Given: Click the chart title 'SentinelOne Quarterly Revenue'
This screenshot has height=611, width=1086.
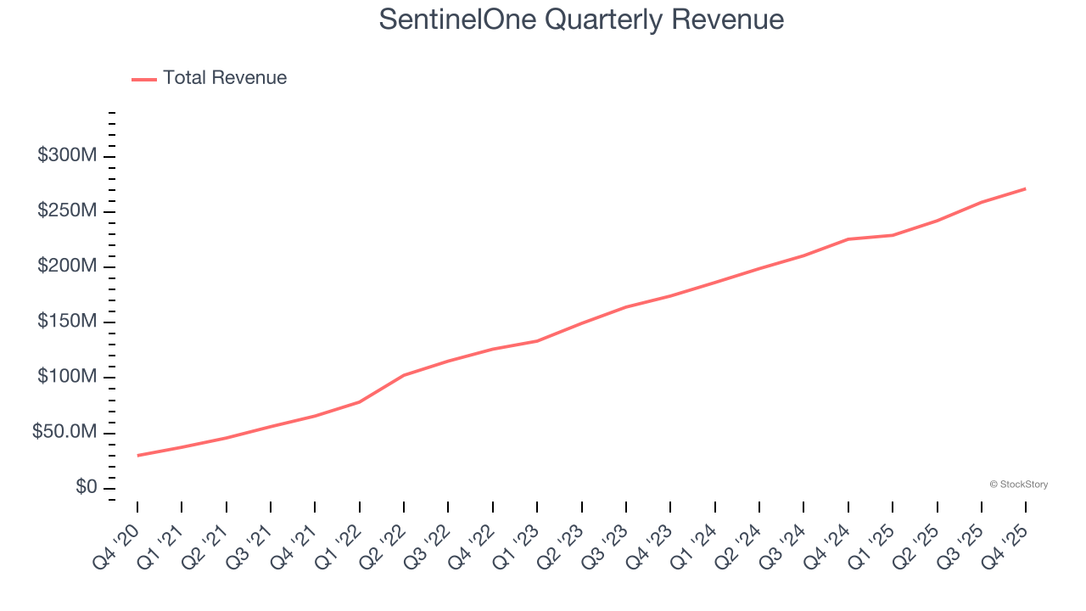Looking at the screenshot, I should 581,19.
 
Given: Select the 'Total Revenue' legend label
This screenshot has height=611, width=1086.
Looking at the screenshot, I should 225,78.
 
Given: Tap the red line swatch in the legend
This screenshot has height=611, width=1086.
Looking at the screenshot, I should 144,79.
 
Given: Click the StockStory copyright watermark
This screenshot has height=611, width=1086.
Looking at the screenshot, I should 1018,485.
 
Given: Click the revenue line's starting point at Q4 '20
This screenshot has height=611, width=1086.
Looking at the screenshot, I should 137,456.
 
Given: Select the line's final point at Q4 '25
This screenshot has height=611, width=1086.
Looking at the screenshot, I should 1026,188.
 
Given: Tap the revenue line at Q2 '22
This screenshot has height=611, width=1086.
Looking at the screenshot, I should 404,375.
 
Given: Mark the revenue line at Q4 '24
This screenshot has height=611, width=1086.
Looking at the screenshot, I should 848,239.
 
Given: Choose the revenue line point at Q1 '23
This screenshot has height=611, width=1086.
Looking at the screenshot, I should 537,341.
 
